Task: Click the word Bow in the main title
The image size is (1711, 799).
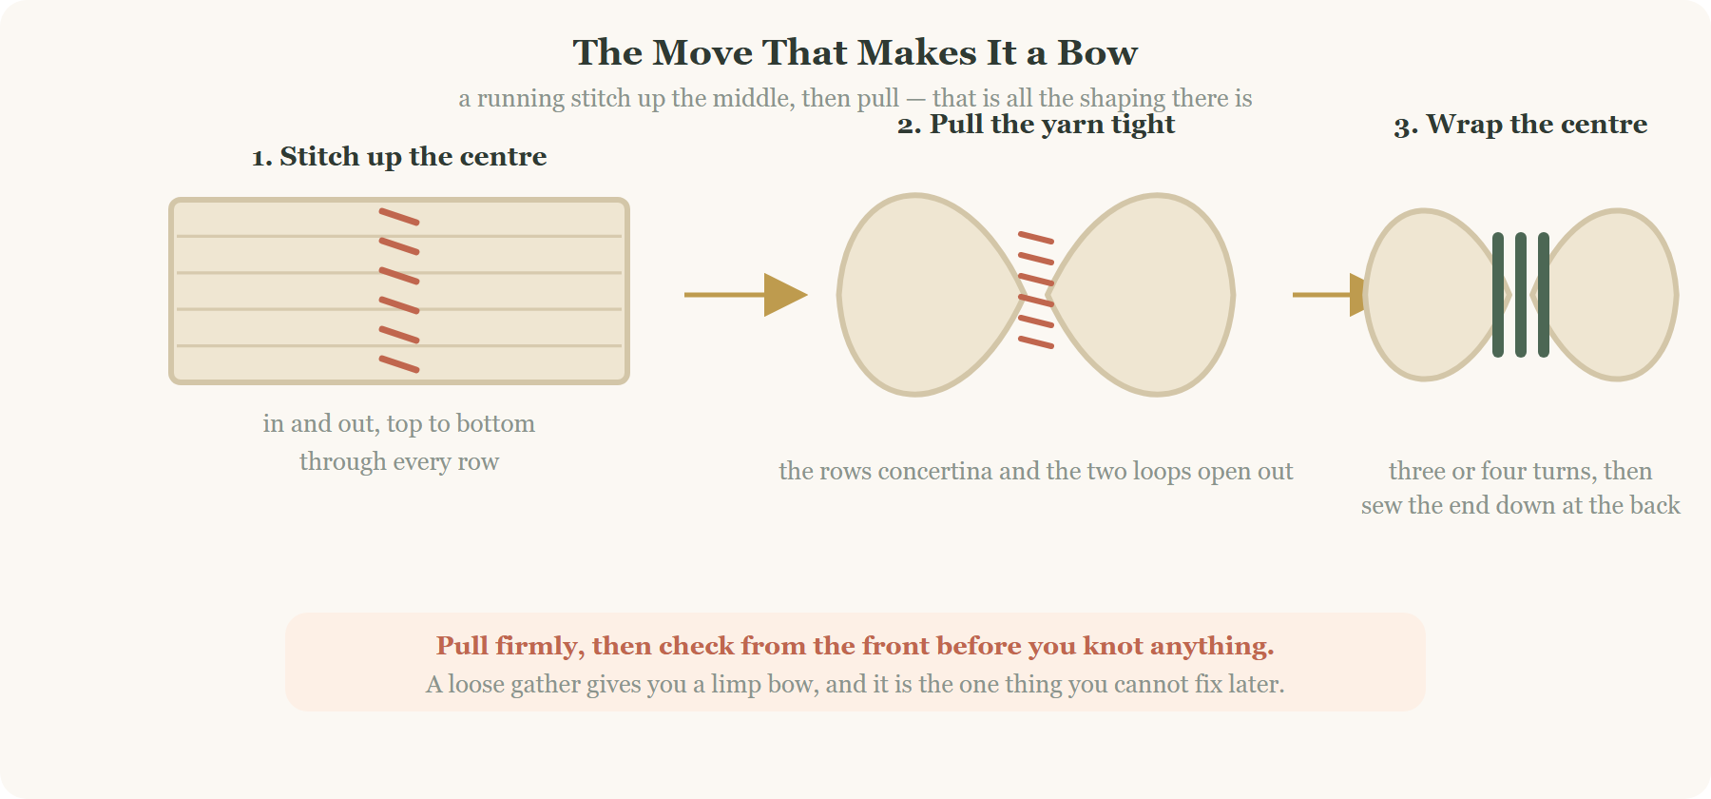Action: coord(1098,52)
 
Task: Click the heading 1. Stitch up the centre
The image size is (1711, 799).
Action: coord(399,156)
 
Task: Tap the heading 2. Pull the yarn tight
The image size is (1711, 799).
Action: coord(1036,125)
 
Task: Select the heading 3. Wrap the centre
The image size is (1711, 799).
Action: coord(1521,125)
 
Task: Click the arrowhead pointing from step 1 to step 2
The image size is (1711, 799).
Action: coord(785,295)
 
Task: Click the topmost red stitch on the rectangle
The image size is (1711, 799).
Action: coord(399,217)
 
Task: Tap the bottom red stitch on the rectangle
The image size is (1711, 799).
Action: coord(399,364)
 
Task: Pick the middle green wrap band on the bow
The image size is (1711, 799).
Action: coord(1521,295)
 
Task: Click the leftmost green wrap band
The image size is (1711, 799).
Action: coord(1498,295)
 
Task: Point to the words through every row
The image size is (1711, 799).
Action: coord(399,462)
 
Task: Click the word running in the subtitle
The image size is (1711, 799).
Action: coord(520,99)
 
